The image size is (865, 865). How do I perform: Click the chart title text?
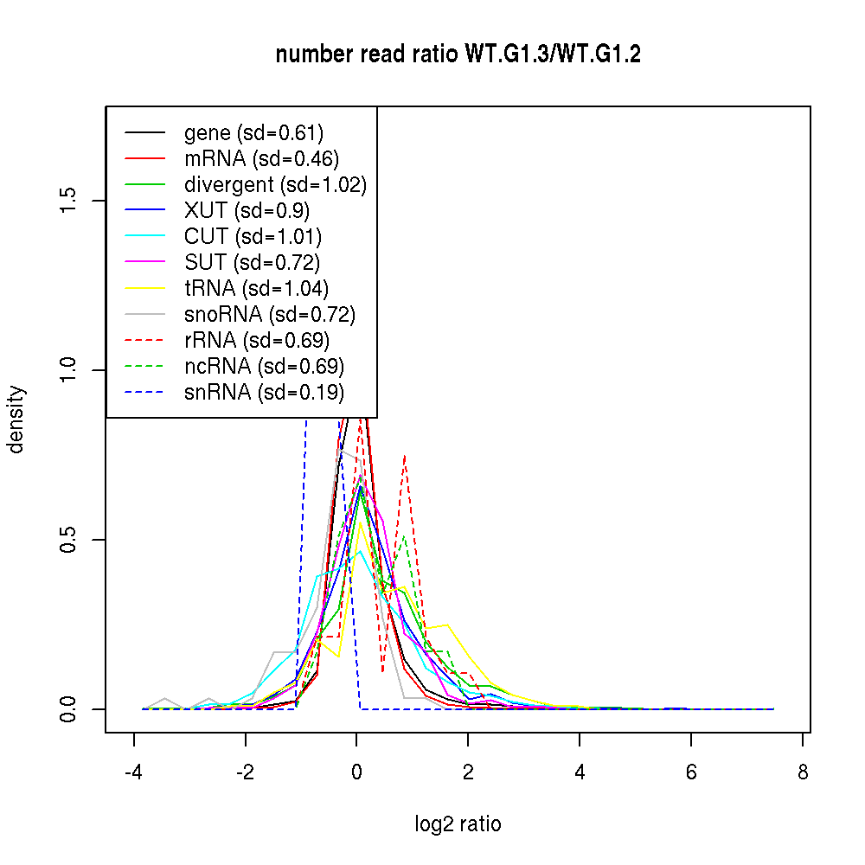(x=458, y=54)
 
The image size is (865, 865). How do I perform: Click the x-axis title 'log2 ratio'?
(x=458, y=823)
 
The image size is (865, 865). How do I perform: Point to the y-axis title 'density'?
(x=16, y=420)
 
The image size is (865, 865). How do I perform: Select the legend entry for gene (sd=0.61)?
(x=253, y=133)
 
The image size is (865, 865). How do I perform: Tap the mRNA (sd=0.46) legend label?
(x=261, y=159)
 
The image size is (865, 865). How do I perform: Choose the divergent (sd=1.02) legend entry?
(x=275, y=185)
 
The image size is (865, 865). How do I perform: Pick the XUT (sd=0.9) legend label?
(x=247, y=211)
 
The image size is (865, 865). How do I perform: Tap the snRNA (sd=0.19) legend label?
(x=264, y=393)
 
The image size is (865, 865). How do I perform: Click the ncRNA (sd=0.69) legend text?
(x=264, y=367)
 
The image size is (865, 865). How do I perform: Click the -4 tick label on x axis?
(x=134, y=772)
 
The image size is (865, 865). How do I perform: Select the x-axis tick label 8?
(x=803, y=772)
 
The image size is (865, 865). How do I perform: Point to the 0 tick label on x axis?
(x=356, y=772)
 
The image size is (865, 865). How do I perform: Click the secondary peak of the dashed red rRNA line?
(x=404, y=457)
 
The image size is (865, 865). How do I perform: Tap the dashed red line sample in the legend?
(x=144, y=341)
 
